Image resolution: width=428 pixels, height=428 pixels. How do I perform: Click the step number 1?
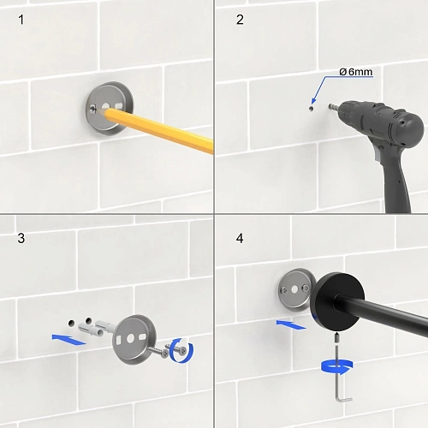(x=21, y=20)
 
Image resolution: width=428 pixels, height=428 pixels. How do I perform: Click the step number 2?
(x=240, y=20)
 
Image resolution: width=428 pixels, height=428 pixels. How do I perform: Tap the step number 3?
(x=21, y=238)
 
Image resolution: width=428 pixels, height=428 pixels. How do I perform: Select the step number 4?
(x=240, y=238)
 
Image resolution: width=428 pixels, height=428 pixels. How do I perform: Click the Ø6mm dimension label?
(x=356, y=72)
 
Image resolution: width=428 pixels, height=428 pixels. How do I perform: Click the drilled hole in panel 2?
(x=312, y=109)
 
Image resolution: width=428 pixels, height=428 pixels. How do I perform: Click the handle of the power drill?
(x=396, y=182)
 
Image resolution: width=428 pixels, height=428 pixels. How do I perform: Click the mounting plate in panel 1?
(x=110, y=109)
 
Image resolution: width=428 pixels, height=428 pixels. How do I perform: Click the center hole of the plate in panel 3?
(x=130, y=339)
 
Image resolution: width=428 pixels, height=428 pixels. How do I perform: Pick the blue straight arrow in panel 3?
(x=68, y=339)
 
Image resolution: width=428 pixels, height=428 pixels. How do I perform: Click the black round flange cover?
(x=337, y=302)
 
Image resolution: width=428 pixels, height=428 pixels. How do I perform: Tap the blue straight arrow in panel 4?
(x=291, y=324)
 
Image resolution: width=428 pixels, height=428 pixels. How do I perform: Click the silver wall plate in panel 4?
(x=295, y=289)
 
